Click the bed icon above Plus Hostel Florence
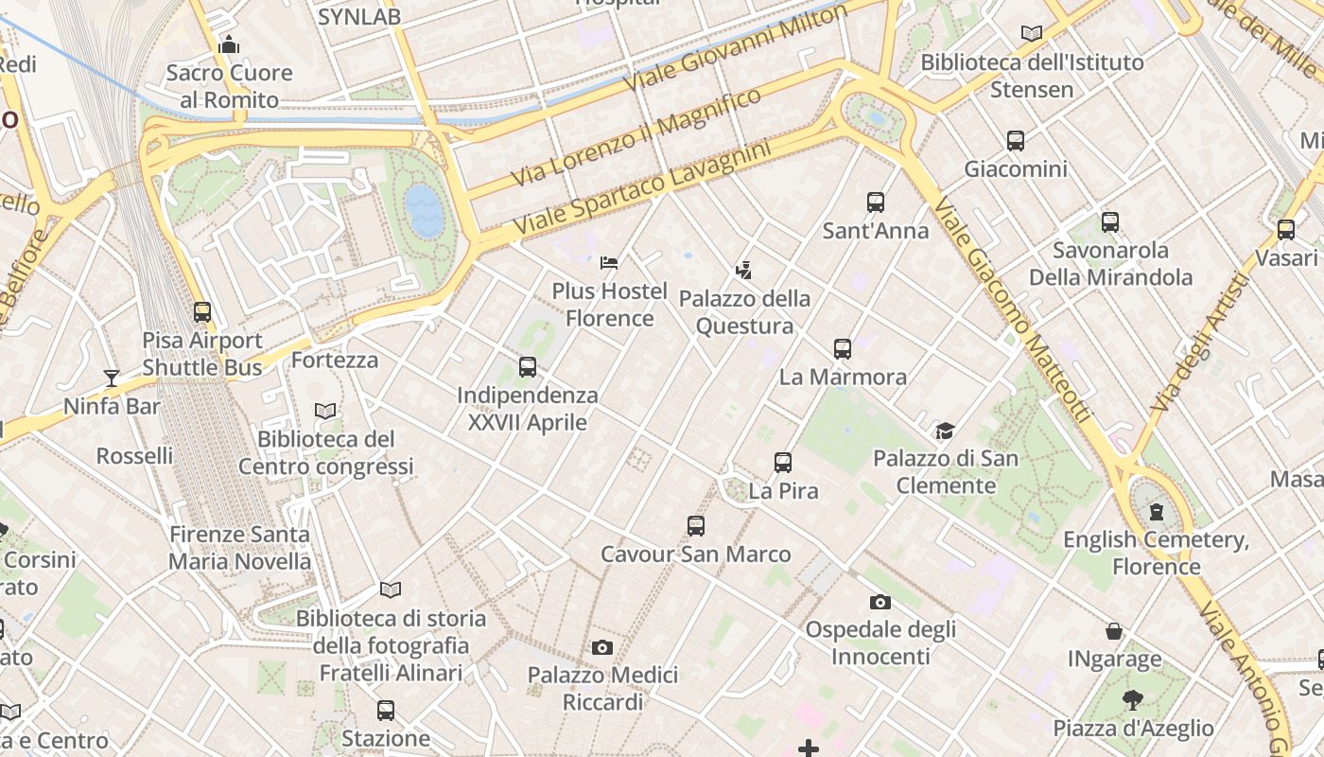(x=609, y=262)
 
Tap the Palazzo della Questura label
(x=745, y=312)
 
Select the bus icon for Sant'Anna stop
(x=876, y=202)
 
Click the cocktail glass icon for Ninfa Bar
(x=112, y=378)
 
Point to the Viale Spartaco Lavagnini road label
(x=642, y=189)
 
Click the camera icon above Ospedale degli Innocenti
(x=880, y=602)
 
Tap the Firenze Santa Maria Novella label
(x=239, y=548)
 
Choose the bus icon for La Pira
(x=783, y=463)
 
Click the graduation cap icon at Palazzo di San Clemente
(x=945, y=431)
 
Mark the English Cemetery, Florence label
(x=1157, y=554)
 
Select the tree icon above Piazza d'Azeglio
(x=1133, y=700)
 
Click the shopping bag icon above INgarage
(x=1115, y=631)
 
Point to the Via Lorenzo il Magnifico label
(x=636, y=138)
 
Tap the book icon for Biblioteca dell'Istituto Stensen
(x=1032, y=34)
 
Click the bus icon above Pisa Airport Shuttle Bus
(x=202, y=312)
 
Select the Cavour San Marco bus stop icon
(x=696, y=526)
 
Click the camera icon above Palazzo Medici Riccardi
(x=602, y=647)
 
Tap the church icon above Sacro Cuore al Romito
(x=229, y=44)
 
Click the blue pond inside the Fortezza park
(x=424, y=211)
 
